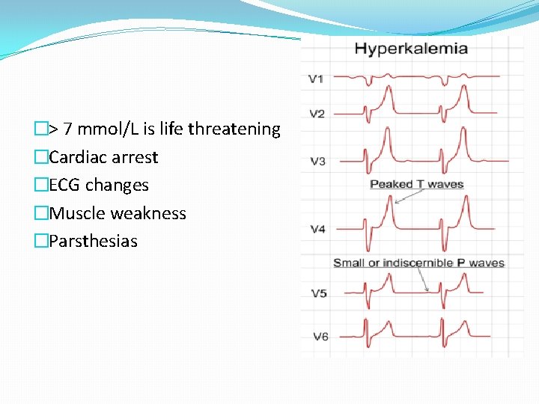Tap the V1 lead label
tap(317, 78)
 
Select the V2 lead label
tap(317, 114)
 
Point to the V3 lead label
tap(317, 161)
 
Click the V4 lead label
tap(318, 229)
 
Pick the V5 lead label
tap(319, 293)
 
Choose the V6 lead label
tap(320, 337)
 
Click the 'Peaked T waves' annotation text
tap(417, 184)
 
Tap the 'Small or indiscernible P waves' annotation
tap(418, 263)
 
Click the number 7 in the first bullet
tap(68, 129)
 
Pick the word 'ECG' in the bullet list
tap(64, 185)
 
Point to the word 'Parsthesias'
tap(93, 241)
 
